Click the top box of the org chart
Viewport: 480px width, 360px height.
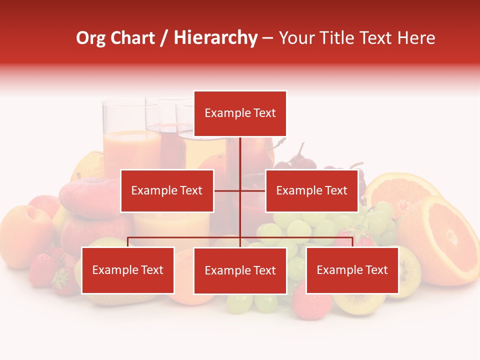[240, 113]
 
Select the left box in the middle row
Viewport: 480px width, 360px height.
[167, 190]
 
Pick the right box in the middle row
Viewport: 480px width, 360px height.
[311, 190]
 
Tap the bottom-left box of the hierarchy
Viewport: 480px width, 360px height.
[128, 270]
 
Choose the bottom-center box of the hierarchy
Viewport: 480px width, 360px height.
[240, 270]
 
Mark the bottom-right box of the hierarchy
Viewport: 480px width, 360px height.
[352, 270]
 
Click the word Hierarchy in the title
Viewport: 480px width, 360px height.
[215, 38]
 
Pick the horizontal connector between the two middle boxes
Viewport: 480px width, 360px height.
[239, 190]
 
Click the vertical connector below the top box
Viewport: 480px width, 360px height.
[240, 155]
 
